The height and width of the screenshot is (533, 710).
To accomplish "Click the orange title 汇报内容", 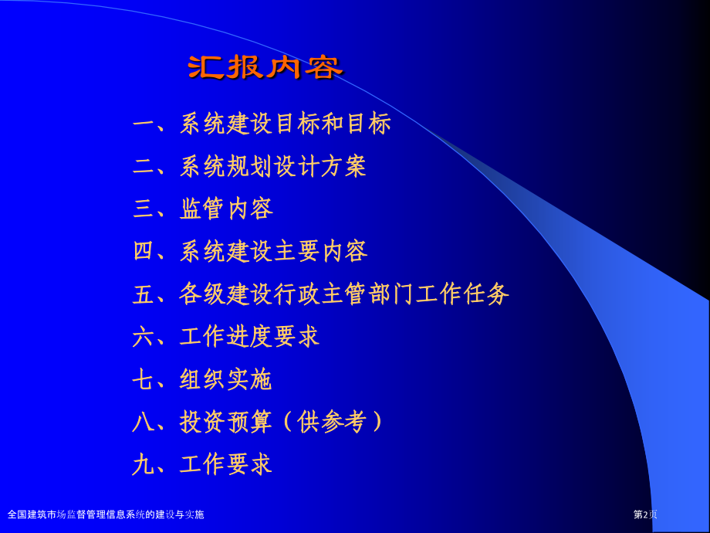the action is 265,68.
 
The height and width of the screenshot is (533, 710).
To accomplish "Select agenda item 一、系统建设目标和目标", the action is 262,124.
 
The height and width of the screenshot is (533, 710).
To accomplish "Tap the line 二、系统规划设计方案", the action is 249,166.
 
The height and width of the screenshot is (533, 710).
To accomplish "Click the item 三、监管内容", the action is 203,209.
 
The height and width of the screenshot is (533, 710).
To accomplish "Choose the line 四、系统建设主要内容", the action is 250,251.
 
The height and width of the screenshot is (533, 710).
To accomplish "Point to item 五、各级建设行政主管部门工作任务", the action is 320,294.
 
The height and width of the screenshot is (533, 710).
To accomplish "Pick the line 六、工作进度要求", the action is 226,336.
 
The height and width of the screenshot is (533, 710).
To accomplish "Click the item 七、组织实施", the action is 202,379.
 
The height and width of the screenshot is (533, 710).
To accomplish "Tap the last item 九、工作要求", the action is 202,464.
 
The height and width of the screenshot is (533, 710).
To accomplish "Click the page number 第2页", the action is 645,514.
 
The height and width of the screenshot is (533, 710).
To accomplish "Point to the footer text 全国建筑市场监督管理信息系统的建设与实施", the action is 106,514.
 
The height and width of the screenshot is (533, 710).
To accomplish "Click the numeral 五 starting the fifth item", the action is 144,294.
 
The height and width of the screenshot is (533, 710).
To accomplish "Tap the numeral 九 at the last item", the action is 144,464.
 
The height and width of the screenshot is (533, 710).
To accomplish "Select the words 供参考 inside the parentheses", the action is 332,422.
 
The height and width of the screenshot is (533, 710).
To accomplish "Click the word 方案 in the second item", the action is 343,166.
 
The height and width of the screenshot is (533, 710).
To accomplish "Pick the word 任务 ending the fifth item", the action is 486,294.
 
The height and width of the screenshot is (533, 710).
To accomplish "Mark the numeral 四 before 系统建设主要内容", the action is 144,251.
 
